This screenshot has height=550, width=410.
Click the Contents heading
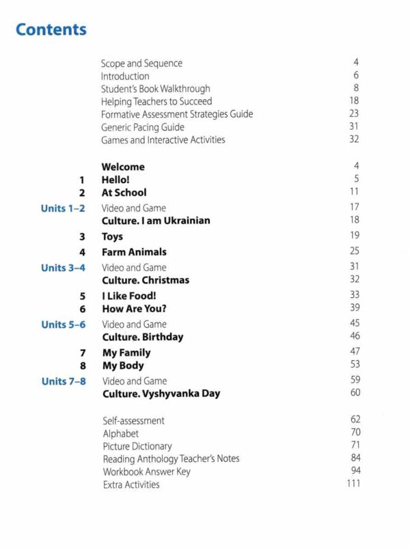(51, 30)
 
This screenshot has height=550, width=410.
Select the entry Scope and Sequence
(141, 64)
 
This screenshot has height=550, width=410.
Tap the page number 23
(353, 114)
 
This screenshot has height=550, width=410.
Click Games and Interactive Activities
(163, 140)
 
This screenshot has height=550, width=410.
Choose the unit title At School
(124, 193)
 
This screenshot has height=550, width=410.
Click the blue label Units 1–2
(63, 208)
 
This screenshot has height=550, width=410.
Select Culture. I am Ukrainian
(156, 221)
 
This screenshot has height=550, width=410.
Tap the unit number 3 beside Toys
(81, 237)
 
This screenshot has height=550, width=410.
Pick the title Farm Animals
(134, 252)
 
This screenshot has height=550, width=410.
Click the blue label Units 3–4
(63, 267)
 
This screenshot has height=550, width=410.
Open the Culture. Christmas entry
(146, 280)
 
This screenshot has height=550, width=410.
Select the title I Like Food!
(129, 296)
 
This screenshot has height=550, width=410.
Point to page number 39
(354, 308)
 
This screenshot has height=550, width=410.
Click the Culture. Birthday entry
(143, 337)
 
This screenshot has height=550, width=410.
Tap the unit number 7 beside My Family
(82, 353)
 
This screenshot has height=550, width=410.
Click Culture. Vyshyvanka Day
(161, 394)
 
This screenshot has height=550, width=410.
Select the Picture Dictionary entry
(137, 446)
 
